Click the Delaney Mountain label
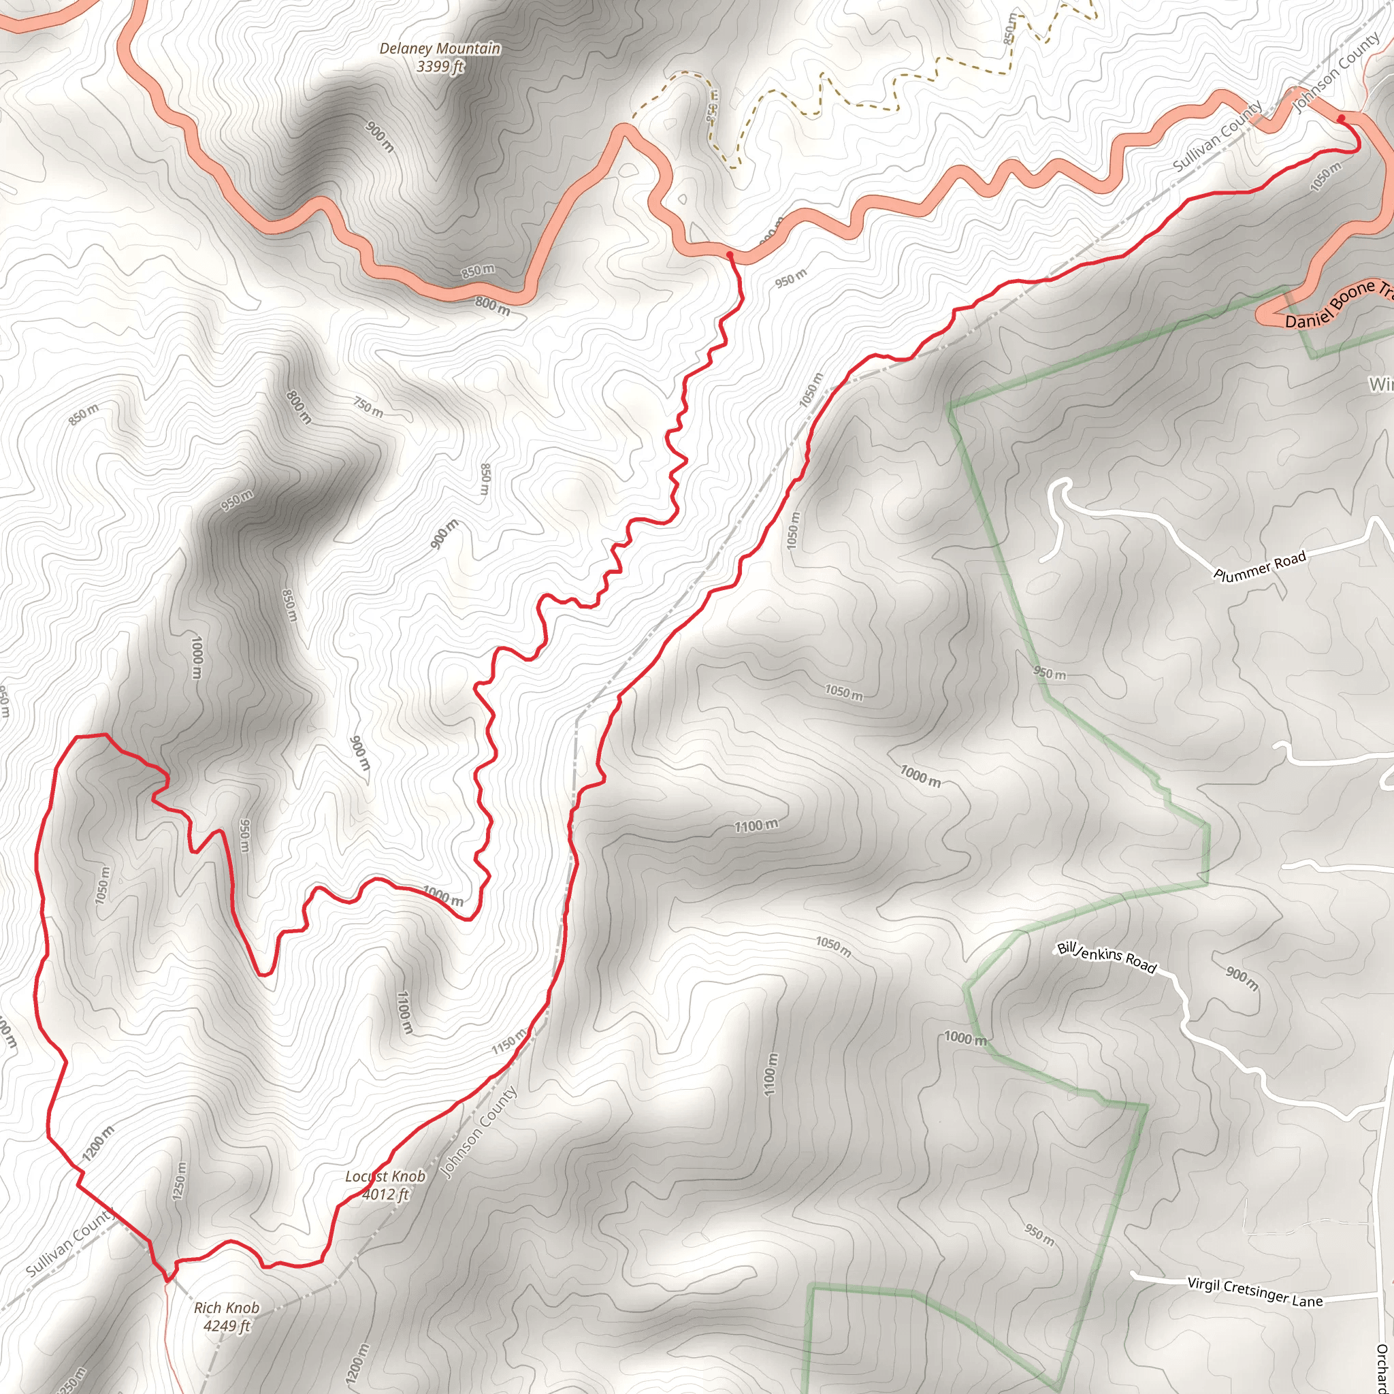click(440, 48)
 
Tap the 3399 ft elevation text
click(440, 67)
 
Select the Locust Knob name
click(385, 1176)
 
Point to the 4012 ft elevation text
click(385, 1194)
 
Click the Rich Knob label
click(227, 1308)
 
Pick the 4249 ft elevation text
click(227, 1325)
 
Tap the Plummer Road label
click(1260, 566)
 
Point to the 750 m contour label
click(368, 407)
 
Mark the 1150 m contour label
click(509, 1043)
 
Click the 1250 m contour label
click(180, 1180)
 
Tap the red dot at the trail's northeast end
click(1342, 118)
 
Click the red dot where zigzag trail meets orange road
click(730, 255)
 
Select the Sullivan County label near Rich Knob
click(69, 1242)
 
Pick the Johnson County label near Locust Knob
click(479, 1133)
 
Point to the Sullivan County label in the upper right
click(1216, 136)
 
